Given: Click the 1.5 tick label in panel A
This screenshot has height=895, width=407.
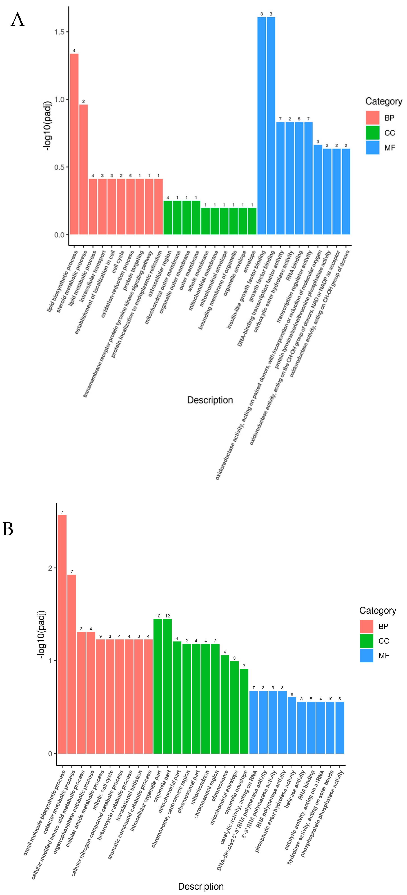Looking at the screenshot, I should coord(59,32).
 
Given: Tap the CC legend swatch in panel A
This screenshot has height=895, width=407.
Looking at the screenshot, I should coord(372,133).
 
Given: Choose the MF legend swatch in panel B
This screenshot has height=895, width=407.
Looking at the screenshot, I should coord(366,656).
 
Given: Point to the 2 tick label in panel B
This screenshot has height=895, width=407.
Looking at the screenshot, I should coord(50,568).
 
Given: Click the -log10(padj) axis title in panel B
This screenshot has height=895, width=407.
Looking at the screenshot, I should coord(41,634).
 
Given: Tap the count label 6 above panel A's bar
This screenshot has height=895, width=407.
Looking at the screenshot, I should coord(130,176).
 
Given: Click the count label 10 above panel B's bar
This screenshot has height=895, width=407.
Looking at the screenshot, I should coord(330,699).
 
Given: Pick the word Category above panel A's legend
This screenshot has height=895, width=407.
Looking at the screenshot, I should coord(383,101).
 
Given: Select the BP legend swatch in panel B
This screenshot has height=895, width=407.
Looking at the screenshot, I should coord(366,626).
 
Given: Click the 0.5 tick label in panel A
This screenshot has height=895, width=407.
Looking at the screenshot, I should coord(59,167).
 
